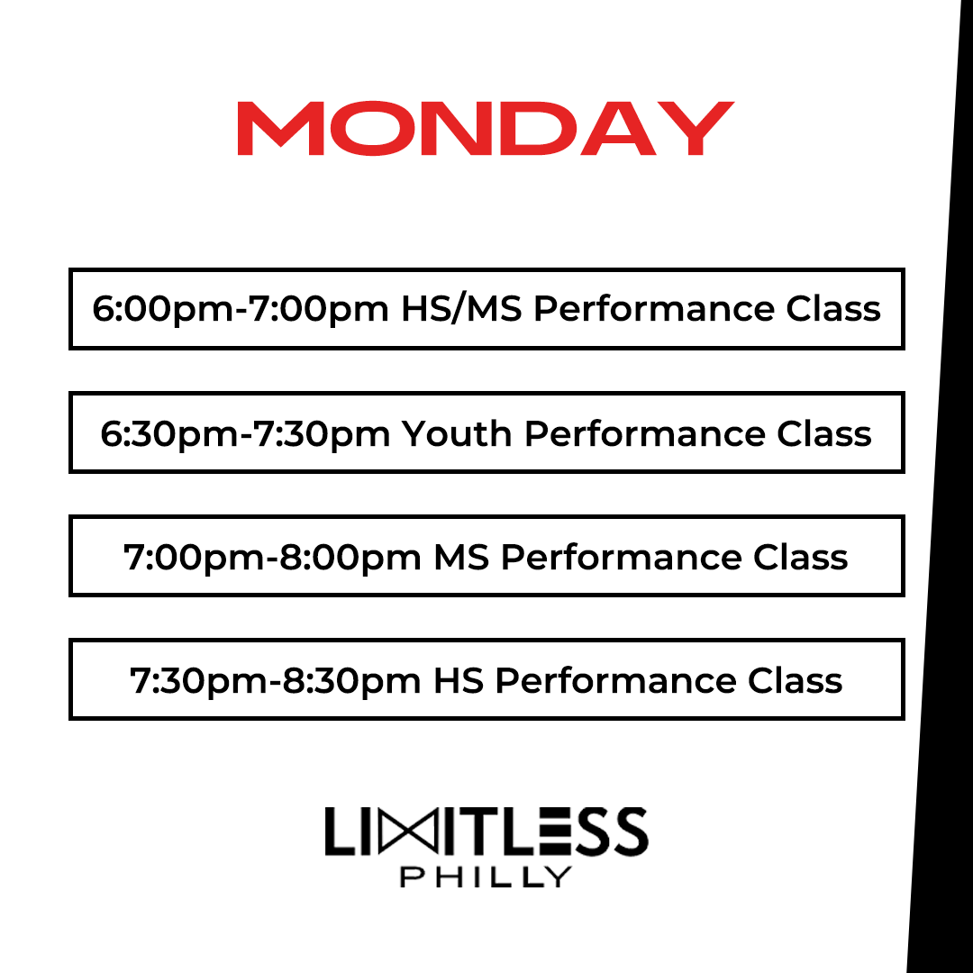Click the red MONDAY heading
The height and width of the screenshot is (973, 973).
(x=486, y=129)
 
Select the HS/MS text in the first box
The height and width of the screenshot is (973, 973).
(x=460, y=309)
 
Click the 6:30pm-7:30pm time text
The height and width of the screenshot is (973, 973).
(x=245, y=433)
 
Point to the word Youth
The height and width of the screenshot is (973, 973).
(x=457, y=433)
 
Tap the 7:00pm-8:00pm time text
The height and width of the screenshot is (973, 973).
(x=272, y=557)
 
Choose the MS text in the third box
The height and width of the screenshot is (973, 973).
(x=461, y=557)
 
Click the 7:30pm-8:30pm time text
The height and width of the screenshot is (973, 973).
(x=276, y=680)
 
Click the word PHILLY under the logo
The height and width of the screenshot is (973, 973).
(x=486, y=877)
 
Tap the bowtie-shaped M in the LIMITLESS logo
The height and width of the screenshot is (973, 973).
(x=410, y=832)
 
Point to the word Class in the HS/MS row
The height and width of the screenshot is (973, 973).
(x=833, y=309)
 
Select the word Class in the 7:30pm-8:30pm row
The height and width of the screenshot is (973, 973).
(x=796, y=680)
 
